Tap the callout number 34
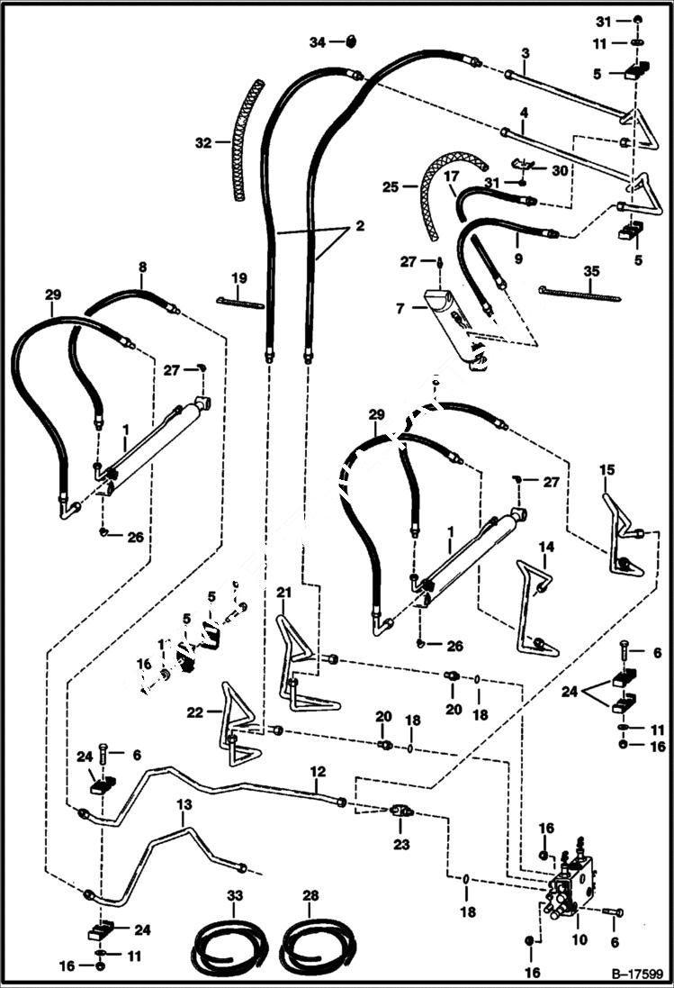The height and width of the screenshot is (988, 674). pos(317,41)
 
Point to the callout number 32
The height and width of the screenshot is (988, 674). pos(202,142)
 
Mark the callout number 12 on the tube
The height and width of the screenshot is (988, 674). pos(318,771)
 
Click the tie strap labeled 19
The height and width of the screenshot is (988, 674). pos(239,303)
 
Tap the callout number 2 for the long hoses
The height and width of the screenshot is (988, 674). pos(359,226)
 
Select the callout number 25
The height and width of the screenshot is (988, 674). pos(389,187)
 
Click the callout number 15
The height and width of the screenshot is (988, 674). pos(607,469)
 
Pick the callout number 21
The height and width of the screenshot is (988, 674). pos(284,592)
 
